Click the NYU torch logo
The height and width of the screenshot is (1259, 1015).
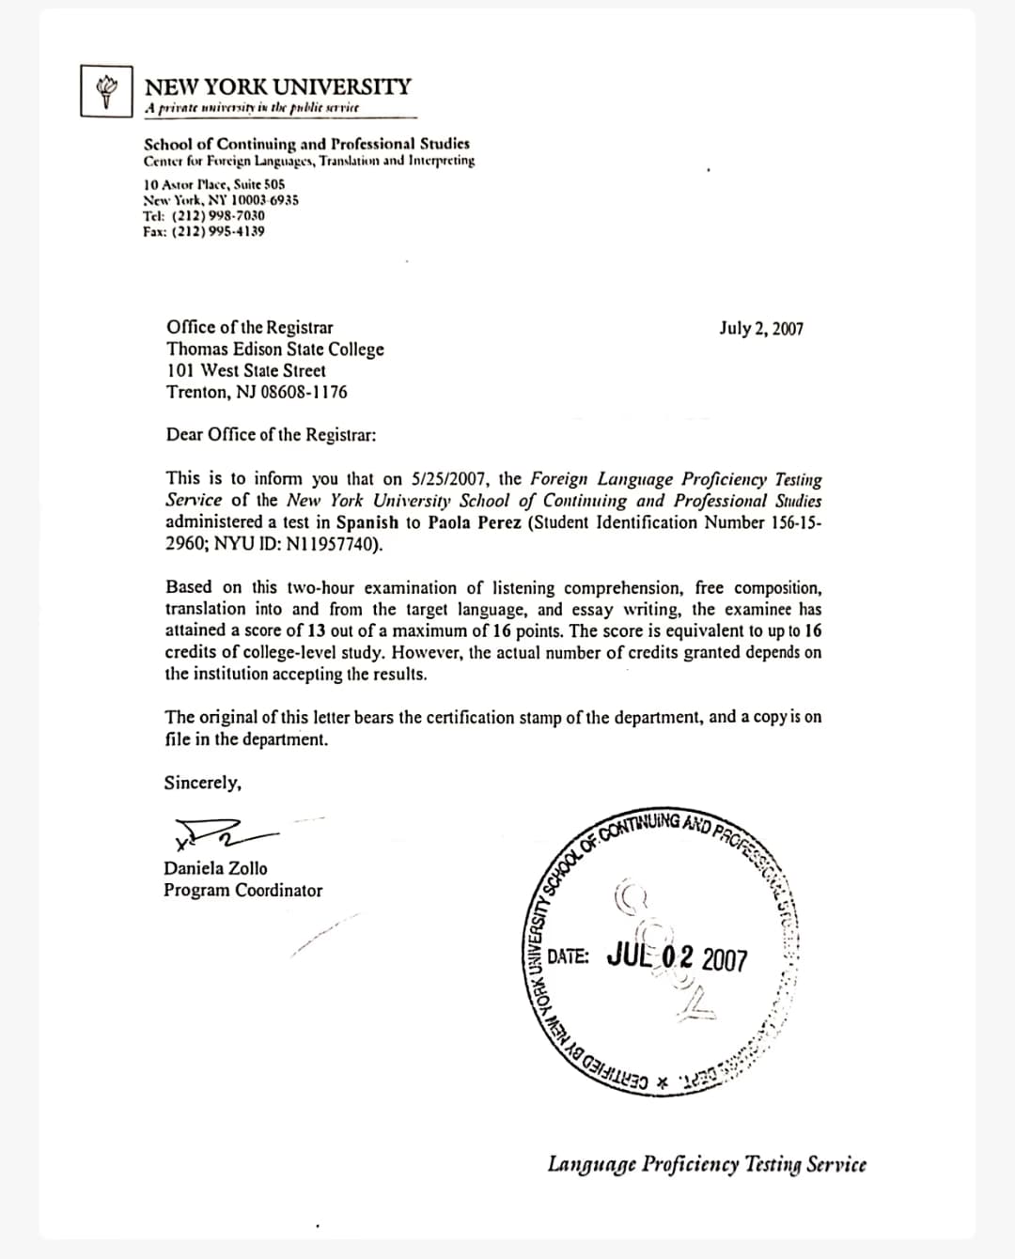pos(105,90)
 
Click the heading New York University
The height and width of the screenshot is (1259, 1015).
pos(278,86)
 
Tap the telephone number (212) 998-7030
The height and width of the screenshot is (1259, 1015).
pos(218,215)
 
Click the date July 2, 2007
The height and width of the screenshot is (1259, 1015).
pos(761,328)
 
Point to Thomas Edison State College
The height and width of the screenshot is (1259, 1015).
pos(275,350)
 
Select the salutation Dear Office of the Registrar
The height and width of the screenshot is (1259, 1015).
pos(272,435)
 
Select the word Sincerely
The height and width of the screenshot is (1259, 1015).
pos(202,783)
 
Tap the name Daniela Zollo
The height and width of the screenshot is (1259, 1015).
pos(215,868)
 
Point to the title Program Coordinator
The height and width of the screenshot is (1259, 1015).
pos(242,891)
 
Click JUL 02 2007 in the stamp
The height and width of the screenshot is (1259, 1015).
pos(678,957)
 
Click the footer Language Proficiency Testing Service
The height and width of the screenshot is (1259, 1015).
pos(707,1165)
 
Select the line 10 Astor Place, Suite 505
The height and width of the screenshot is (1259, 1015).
pos(214,185)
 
